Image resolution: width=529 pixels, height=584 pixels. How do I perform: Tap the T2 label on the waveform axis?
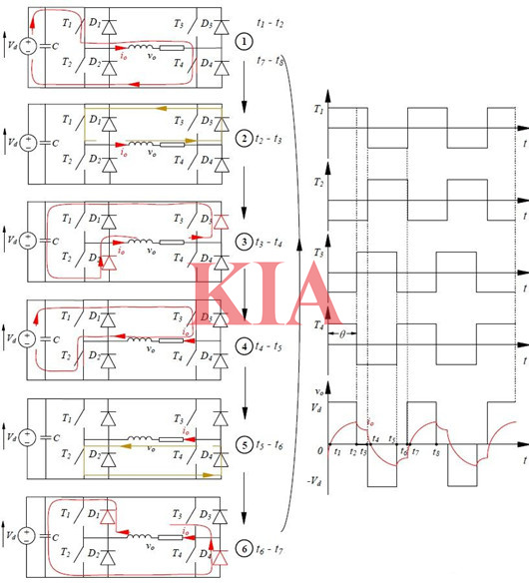(x=318, y=179)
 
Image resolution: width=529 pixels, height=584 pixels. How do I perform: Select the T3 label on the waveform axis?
(x=318, y=255)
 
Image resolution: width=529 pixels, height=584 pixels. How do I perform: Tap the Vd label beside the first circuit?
(x=12, y=45)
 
